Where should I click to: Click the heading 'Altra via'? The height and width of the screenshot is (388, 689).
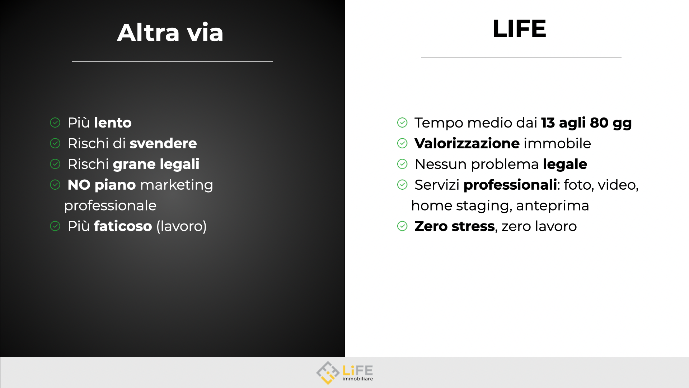pos(170,33)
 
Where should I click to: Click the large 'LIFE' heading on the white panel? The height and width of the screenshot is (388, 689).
pos(519,28)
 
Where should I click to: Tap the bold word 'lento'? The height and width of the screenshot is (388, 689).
pos(113,123)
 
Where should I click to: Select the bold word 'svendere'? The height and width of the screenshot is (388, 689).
pos(163,144)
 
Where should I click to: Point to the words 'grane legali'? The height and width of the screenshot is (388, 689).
pos(156,165)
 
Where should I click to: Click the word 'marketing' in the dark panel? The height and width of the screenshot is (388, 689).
pos(177,185)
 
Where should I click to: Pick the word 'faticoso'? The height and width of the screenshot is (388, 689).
pos(123,226)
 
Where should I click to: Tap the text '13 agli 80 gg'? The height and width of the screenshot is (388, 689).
pos(586,123)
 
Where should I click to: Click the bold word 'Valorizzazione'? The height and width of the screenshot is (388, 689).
pos(467,144)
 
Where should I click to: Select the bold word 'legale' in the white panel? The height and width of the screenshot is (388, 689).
pos(565,165)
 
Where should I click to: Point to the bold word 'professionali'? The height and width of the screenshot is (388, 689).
pos(510,185)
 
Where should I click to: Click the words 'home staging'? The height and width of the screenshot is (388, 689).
pos(460,206)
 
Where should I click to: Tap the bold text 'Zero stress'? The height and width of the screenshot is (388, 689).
pos(455,226)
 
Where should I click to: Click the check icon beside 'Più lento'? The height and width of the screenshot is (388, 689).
pos(55,123)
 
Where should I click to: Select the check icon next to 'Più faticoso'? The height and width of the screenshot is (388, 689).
pos(55,226)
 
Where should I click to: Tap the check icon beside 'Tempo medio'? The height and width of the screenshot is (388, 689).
pos(402,123)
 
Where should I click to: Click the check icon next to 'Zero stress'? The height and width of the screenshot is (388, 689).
pos(402,226)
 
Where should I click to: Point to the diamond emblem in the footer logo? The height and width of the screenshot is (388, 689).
pos(328,373)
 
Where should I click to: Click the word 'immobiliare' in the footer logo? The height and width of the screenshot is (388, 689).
pos(358,379)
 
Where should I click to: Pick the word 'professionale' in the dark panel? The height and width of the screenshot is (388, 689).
pos(110,206)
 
